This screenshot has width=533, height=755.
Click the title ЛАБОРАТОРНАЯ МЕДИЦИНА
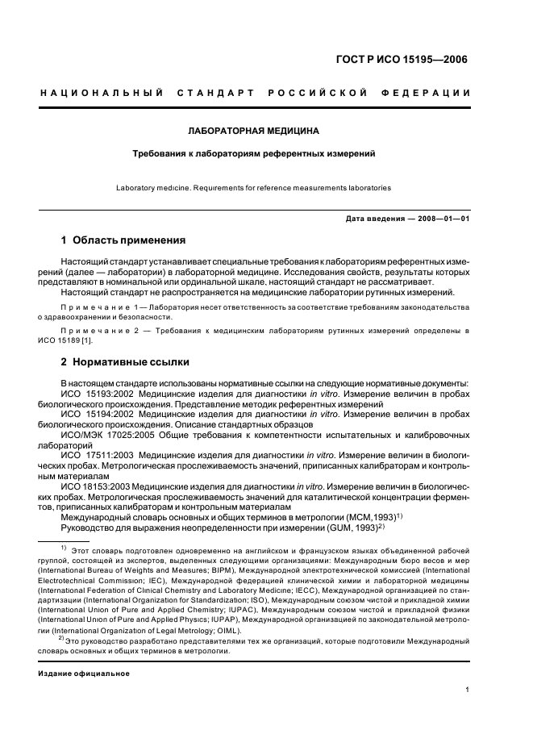point(253,130)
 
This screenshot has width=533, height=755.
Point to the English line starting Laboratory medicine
point(253,188)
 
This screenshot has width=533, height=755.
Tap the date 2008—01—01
point(440,219)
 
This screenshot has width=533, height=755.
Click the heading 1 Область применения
point(123,240)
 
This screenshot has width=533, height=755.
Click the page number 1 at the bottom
point(468,690)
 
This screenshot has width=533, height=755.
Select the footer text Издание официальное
point(84,673)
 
